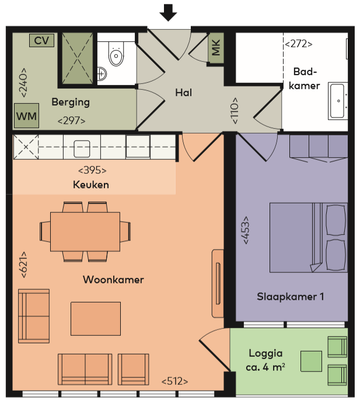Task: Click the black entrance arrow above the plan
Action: [x=168, y=12]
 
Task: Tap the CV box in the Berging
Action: [x=41, y=40]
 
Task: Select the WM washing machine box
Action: [x=27, y=116]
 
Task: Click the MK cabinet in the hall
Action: [x=216, y=48]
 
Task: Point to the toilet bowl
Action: [x=116, y=54]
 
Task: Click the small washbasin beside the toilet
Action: [x=102, y=74]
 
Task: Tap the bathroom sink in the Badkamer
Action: [x=337, y=101]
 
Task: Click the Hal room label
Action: [x=184, y=93]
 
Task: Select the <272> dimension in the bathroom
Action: [x=298, y=44]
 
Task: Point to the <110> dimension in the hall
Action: [x=235, y=111]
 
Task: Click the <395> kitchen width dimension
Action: [x=92, y=170]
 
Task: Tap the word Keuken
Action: [x=91, y=185]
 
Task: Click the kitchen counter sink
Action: [x=82, y=149]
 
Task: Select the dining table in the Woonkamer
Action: [x=85, y=231]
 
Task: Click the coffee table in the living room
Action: [x=96, y=319]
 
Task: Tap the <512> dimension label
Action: [x=174, y=381]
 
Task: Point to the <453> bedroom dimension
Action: [x=246, y=230]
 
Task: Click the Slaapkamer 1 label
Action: [x=291, y=297]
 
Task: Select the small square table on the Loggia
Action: [x=311, y=361]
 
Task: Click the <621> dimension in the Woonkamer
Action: [x=23, y=265]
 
